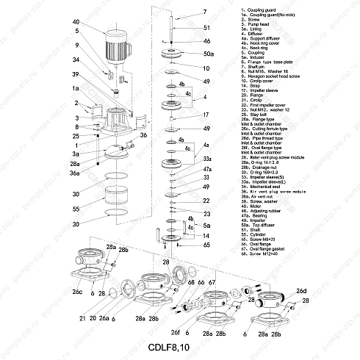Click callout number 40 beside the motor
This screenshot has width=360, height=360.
click(x=76, y=22)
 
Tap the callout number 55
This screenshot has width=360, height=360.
click(x=76, y=208)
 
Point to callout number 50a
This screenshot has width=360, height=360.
click(x=209, y=54)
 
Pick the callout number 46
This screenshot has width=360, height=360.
click(x=206, y=41)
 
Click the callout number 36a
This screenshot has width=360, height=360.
click(x=75, y=173)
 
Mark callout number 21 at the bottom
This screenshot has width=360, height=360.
click(x=73, y=319)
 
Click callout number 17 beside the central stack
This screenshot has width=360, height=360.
click(x=207, y=115)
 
